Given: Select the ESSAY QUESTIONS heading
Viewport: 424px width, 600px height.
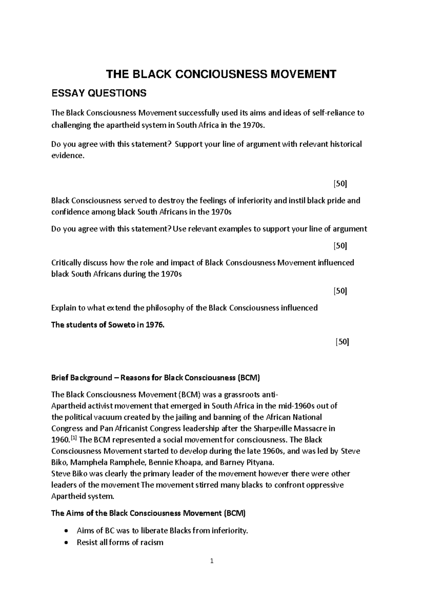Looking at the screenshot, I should tap(99, 93).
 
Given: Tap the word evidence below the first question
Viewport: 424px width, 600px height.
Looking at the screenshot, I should tap(67, 156).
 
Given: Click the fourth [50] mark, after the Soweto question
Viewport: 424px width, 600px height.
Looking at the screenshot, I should tap(342, 342).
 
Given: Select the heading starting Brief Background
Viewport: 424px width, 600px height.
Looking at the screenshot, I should tap(155, 378).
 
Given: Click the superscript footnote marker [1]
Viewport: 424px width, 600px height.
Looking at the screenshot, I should tap(74, 438).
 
